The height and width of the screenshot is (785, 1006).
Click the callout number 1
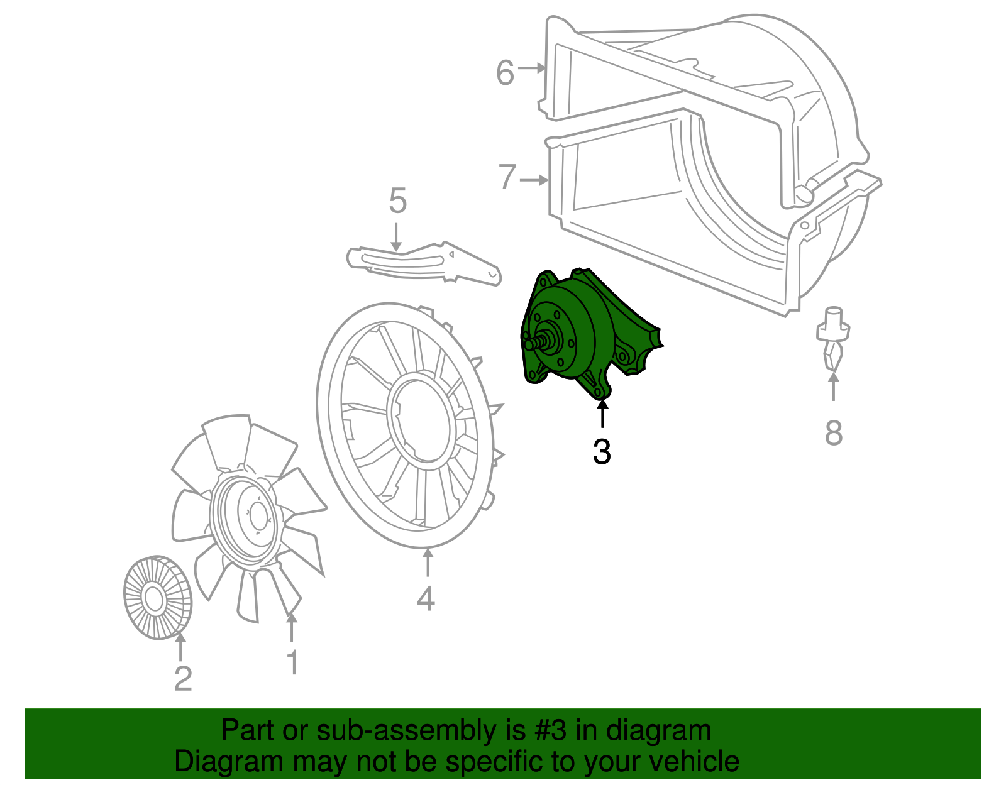292,662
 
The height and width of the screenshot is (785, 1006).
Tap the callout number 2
182,679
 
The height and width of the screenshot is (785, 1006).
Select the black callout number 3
602,452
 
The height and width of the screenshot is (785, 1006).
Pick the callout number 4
426,598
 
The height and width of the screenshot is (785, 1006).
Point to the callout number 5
397,201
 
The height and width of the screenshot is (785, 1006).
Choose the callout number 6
505,73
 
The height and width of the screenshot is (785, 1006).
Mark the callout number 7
507,177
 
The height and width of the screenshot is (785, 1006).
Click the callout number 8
833,433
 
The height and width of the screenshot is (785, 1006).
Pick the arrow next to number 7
534,180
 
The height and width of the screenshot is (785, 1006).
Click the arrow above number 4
428,563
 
